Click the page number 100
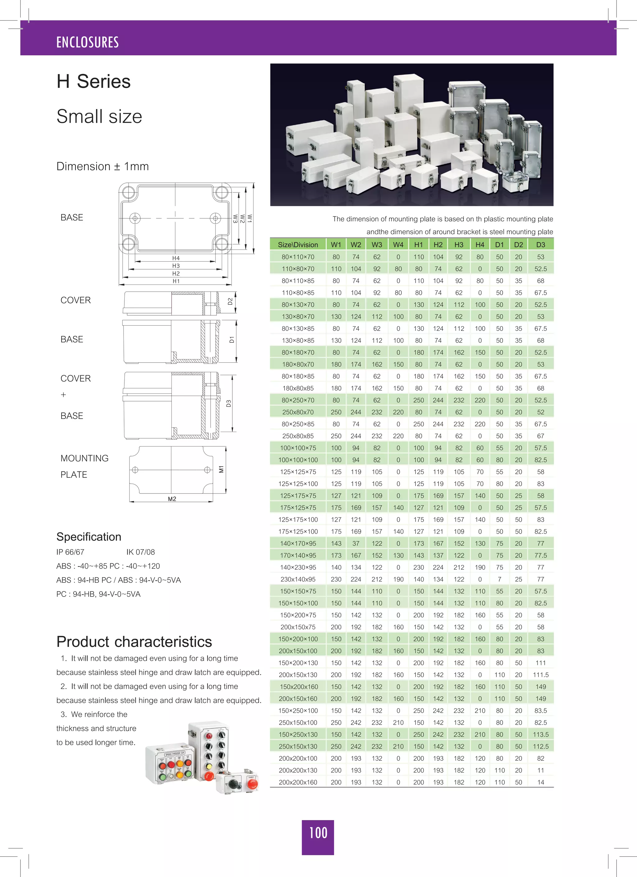[x=318, y=833]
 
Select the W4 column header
[x=398, y=245]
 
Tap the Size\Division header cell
[x=298, y=245]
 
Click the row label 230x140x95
[x=298, y=579]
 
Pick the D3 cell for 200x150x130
[x=540, y=675]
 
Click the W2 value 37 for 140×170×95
[x=356, y=543]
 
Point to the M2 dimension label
[x=172, y=499]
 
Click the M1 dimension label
[x=221, y=469]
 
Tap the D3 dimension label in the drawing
[x=229, y=403]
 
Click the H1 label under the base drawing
[x=176, y=281]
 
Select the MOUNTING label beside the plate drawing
[x=84, y=458]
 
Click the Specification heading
[x=89, y=537]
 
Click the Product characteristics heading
[x=134, y=642]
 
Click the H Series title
[x=94, y=81]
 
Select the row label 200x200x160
[x=298, y=782]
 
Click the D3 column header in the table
[x=540, y=245]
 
